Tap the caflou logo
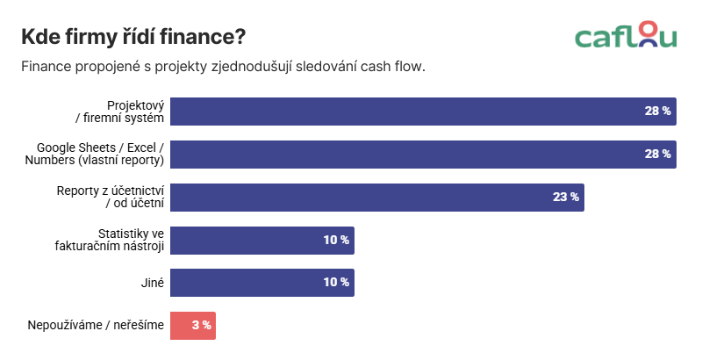tap(626, 35)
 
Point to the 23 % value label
tap(565, 197)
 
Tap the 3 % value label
tap(201, 325)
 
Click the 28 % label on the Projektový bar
tap(657, 112)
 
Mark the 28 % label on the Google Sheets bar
tap(657, 155)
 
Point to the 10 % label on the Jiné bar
tap(336, 283)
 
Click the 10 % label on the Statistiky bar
tap(336, 240)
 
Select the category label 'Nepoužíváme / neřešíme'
tap(97, 326)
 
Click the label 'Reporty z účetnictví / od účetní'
tap(111, 197)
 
